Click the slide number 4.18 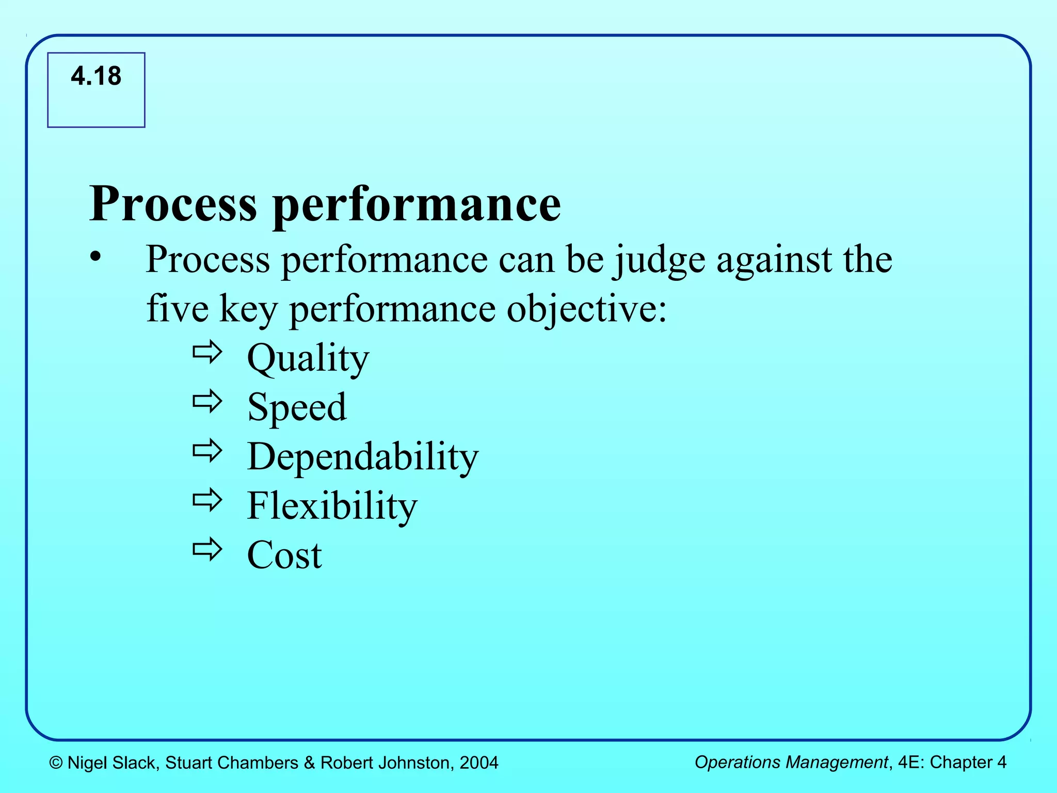[x=96, y=76]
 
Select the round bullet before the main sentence [x=95, y=257]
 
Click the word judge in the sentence [x=659, y=260]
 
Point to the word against [x=774, y=260]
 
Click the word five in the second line [x=178, y=308]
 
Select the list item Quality [x=308, y=358]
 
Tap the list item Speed [x=297, y=407]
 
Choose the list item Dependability [x=363, y=457]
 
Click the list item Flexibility [x=332, y=506]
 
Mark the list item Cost [x=284, y=555]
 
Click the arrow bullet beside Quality [x=207, y=353]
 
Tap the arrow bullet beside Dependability [x=207, y=451]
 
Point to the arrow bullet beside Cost [x=207, y=549]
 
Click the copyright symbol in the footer [x=56, y=763]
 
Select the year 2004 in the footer [x=479, y=763]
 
